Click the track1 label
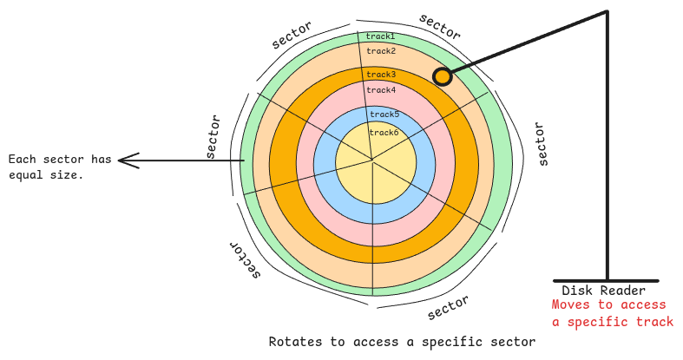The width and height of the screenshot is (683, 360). tap(380, 36)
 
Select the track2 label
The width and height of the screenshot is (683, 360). tap(380, 51)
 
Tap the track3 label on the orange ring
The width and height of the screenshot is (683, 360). tap(380, 75)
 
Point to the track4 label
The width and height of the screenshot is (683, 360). tap(381, 90)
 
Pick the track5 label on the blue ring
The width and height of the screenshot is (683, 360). tap(384, 115)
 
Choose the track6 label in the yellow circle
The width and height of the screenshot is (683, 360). tap(384, 133)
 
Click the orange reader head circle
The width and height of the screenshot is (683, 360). tap(443, 76)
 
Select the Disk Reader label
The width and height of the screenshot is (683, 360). tap(603, 291)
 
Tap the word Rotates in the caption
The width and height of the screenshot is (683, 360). tap(296, 342)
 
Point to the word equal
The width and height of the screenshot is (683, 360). tap(26, 174)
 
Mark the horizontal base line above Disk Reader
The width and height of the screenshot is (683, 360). tap(606, 280)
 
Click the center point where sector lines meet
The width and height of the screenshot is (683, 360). tap(372, 160)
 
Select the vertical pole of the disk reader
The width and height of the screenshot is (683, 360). tap(607, 147)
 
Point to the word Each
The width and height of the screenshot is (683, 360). tap(22, 160)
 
